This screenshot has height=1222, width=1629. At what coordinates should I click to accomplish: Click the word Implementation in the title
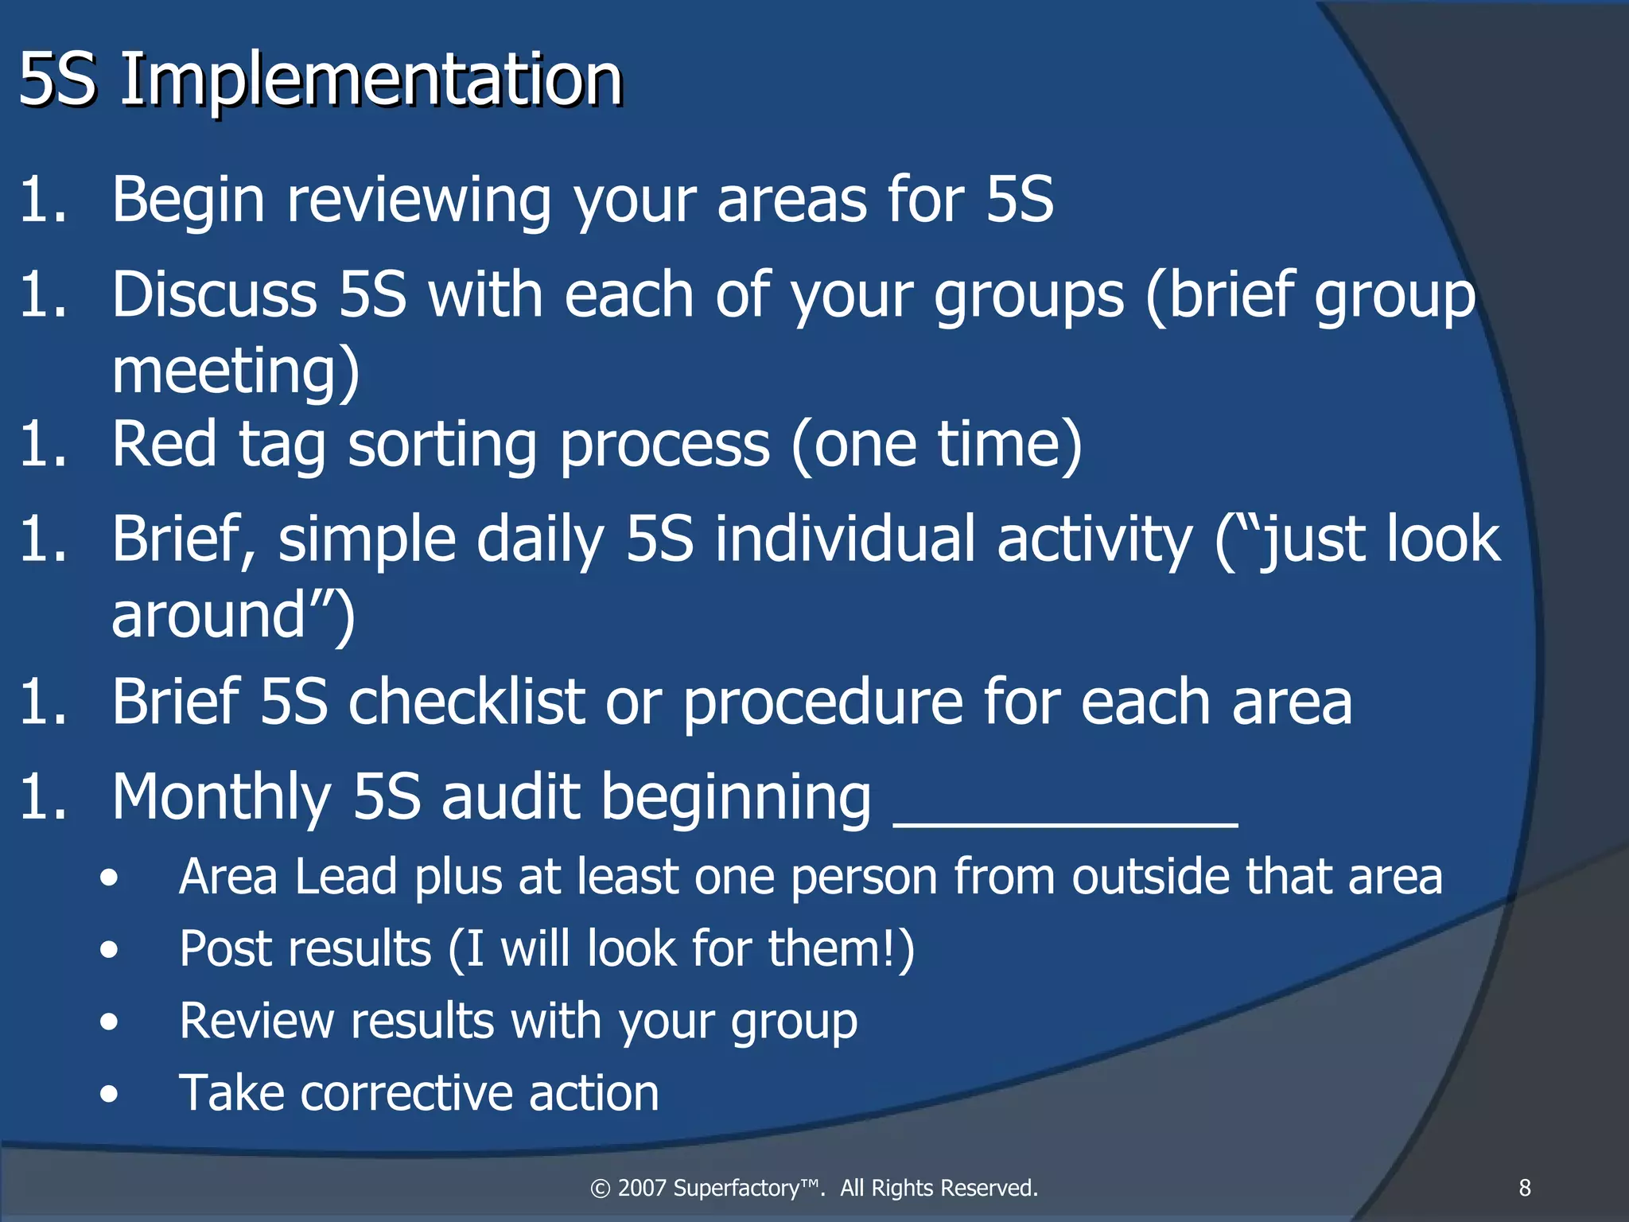371,80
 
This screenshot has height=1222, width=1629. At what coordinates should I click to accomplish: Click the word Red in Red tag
164,444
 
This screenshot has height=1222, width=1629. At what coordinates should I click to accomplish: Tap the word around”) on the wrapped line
232,616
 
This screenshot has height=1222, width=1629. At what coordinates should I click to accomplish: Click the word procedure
822,703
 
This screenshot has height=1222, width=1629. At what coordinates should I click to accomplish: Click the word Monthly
221,797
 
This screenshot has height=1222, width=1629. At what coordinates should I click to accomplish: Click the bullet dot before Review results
110,1022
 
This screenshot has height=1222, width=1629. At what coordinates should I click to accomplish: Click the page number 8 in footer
1525,1188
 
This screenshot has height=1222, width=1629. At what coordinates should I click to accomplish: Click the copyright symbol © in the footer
600,1189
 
